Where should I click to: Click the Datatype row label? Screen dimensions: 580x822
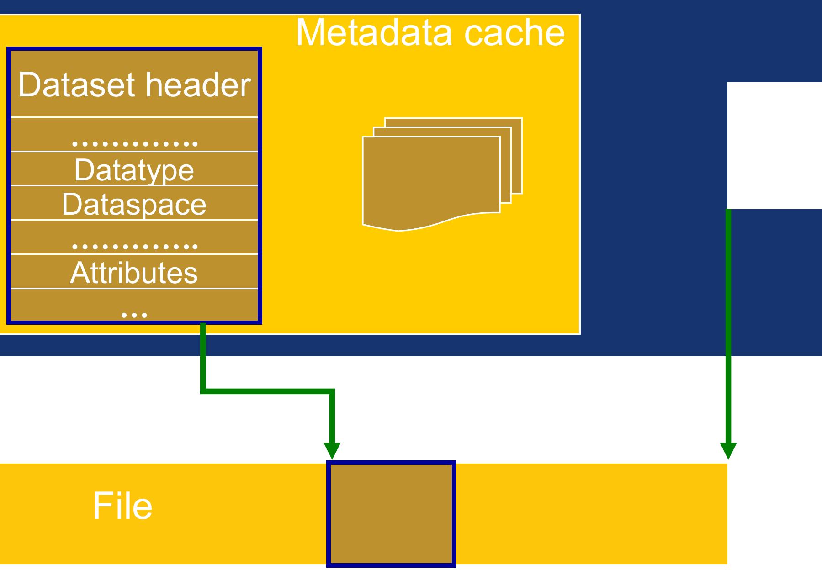coord(134,170)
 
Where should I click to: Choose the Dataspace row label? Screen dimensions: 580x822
coord(134,204)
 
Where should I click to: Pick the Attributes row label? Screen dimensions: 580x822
coord(134,273)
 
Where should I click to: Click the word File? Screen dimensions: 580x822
coord(122,506)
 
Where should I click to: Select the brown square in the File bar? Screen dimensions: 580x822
coord(391,514)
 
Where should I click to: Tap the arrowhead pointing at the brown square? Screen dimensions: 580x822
coord(332,450)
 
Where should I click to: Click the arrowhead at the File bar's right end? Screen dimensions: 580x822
coord(728,450)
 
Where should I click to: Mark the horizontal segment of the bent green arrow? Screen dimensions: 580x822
coord(267,391)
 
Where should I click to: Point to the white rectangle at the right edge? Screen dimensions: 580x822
coord(774,145)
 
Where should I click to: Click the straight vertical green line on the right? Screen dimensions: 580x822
coord(728,320)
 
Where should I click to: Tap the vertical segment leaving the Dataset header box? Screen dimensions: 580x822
coord(203,356)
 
